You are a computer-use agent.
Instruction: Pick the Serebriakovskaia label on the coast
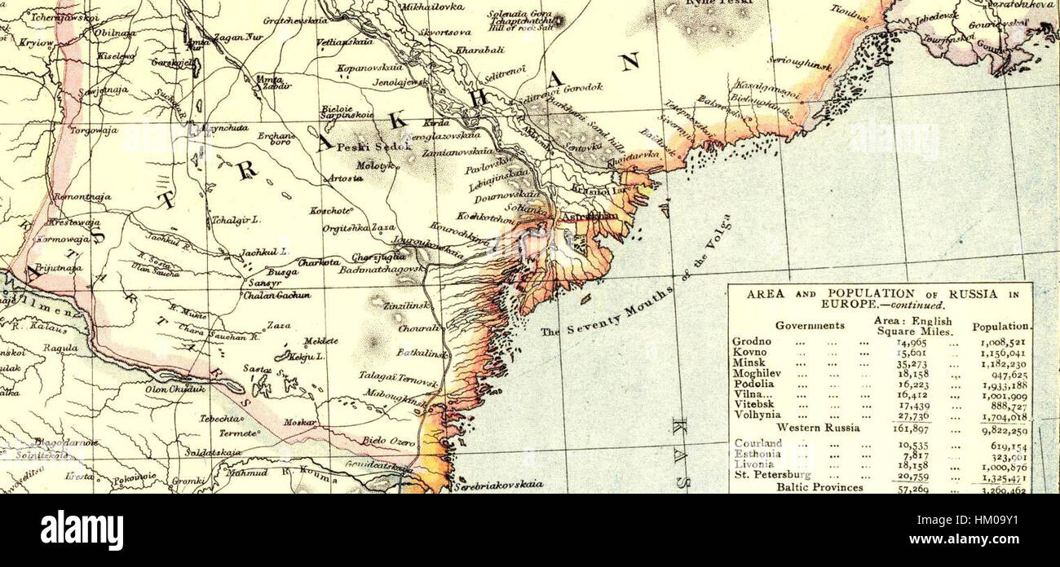click(499, 484)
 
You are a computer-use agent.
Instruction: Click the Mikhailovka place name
click(432, 7)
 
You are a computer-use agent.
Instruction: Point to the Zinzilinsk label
click(401, 304)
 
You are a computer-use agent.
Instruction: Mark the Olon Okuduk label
click(175, 389)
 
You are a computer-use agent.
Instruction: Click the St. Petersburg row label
click(771, 474)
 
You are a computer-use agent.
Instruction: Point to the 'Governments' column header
click(809, 325)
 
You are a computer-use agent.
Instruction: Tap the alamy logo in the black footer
click(82, 530)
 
